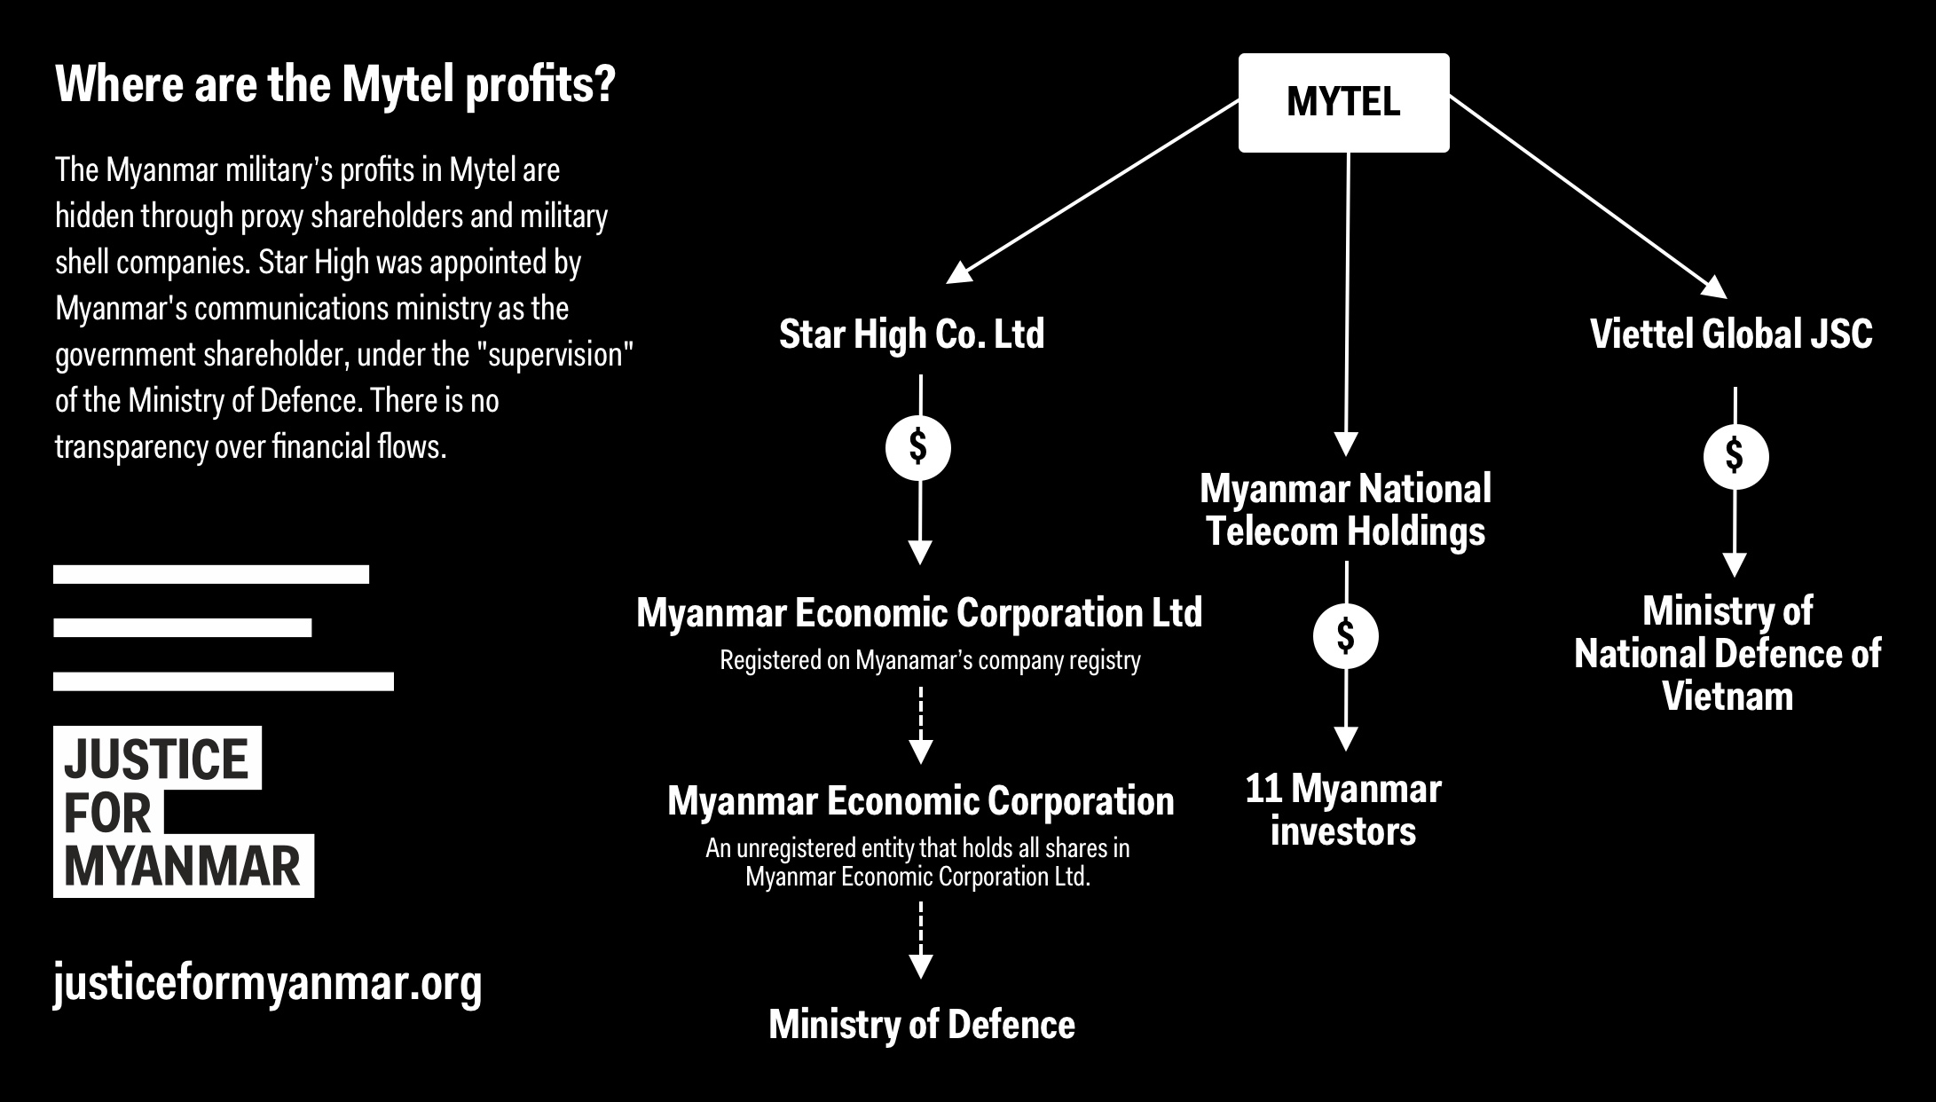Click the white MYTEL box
(x=1343, y=102)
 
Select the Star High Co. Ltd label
(x=912, y=335)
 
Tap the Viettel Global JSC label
(x=1731, y=335)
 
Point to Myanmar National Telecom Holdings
(x=1346, y=510)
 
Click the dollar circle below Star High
(x=918, y=447)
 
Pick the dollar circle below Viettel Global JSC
(x=1735, y=457)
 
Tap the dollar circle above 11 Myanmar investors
(x=1346, y=636)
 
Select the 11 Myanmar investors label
(x=1343, y=810)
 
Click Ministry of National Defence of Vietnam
(x=1727, y=654)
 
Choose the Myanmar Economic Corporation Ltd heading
(x=919, y=613)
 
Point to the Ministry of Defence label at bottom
(x=922, y=1025)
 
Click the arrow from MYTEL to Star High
(x=1093, y=191)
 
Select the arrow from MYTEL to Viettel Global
(x=1588, y=197)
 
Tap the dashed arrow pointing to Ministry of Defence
(x=921, y=941)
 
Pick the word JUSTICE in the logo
(x=156, y=760)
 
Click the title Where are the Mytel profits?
(x=335, y=85)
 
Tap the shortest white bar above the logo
(x=183, y=628)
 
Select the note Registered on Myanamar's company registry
(x=930, y=661)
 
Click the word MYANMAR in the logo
(x=183, y=867)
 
